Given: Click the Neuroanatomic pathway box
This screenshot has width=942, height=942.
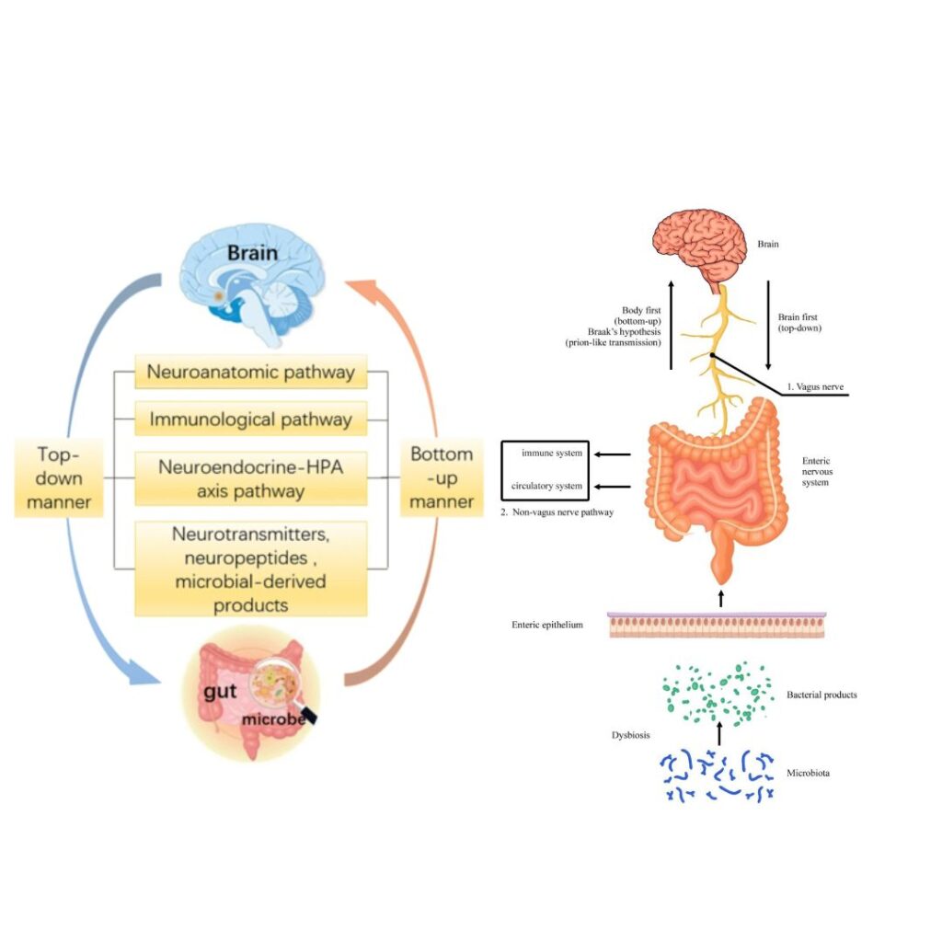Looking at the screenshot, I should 250,373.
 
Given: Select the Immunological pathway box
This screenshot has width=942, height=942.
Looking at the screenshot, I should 250,419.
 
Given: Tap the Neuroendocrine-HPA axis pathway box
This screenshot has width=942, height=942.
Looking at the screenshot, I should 250,478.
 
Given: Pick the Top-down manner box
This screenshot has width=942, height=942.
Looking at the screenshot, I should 58,478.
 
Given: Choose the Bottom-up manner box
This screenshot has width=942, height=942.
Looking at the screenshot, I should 442,478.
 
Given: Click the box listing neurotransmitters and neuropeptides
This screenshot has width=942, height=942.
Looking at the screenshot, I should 250,569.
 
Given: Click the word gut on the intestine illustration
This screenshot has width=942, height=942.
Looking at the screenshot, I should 222,692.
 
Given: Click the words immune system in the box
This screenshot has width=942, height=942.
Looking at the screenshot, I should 551,454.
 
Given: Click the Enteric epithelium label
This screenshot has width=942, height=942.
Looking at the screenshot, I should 548,625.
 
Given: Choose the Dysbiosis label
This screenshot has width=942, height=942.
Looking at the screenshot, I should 633,735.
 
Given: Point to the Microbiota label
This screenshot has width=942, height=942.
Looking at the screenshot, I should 809,774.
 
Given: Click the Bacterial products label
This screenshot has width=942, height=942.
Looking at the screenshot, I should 821,695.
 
